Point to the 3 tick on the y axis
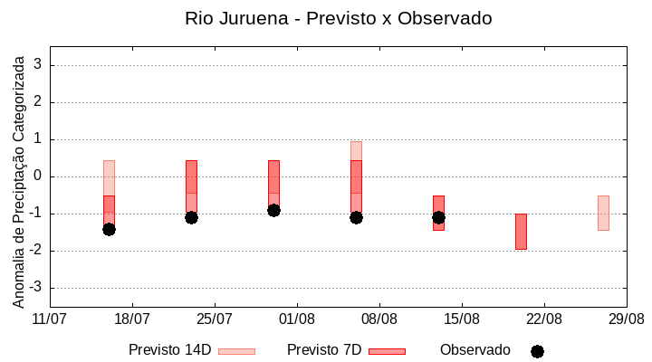click(x=39, y=65)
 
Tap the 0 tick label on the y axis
click(x=39, y=176)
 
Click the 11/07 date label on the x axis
click(x=50, y=319)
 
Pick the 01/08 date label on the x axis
click(x=297, y=319)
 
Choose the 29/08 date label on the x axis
click(x=627, y=319)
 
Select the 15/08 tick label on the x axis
click(x=462, y=319)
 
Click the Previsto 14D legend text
click(x=169, y=350)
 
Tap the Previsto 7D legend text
click(x=324, y=350)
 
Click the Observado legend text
click(x=475, y=350)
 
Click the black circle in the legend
click(x=537, y=351)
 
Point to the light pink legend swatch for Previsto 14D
click(x=236, y=351)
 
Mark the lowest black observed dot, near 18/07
click(x=109, y=229)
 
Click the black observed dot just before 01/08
click(x=273, y=210)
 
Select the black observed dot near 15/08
click(x=438, y=217)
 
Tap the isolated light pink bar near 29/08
click(x=603, y=213)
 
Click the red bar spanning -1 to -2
click(x=521, y=231)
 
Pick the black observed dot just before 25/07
click(x=191, y=217)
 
